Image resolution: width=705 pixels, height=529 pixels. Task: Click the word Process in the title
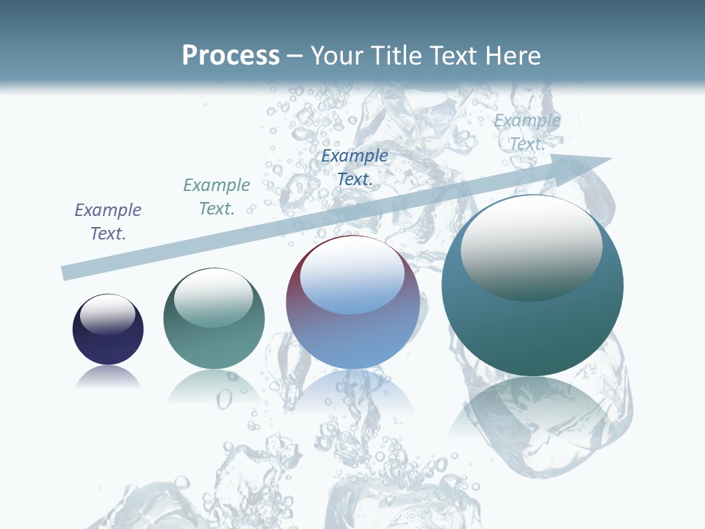[x=231, y=56]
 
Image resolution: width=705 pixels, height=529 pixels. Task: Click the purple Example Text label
[x=108, y=222]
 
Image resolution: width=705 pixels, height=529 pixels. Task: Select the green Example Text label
[x=217, y=197]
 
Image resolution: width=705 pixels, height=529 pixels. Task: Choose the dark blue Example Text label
[x=355, y=168]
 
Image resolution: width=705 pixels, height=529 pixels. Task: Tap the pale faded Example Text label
[x=527, y=132]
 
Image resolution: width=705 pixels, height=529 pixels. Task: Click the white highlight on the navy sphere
[x=107, y=314]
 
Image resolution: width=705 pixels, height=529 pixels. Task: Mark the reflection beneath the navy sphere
[x=108, y=378]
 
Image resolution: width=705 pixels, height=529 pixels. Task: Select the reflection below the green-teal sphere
[x=214, y=385]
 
